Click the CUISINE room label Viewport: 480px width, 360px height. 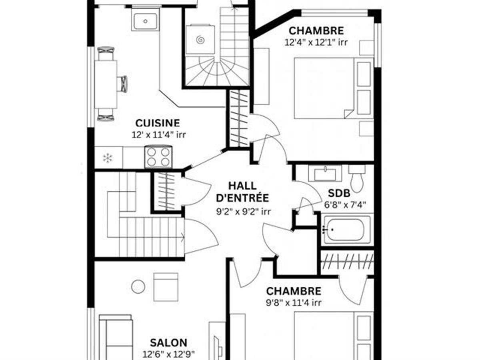pyautogui.click(x=158, y=123)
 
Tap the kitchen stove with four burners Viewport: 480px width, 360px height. pyautogui.click(x=158, y=156)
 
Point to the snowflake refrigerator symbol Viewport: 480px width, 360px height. pyautogui.click(x=108, y=158)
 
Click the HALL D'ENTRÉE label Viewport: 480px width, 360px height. pyautogui.click(x=243, y=192)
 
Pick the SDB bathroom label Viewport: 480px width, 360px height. pyautogui.click(x=339, y=194)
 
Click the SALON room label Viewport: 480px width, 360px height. pyautogui.click(x=168, y=343)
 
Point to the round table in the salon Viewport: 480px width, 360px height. pyautogui.click(x=138, y=286)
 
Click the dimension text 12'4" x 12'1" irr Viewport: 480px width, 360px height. pyautogui.click(x=316, y=42)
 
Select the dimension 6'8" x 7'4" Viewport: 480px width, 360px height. pyautogui.click(x=345, y=206)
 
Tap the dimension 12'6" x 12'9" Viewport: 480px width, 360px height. pyautogui.click(x=168, y=354)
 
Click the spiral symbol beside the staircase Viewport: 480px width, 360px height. pyautogui.click(x=200, y=40)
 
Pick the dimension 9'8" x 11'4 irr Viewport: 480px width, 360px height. pyautogui.click(x=294, y=303)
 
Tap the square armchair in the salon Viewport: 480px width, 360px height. pyautogui.click(x=166, y=286)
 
